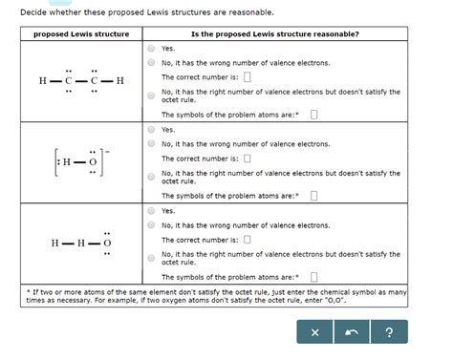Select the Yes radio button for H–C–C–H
151,48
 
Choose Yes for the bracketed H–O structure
151,129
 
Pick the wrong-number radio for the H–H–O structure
151,225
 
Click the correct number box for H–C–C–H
247,77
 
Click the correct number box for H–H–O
247,240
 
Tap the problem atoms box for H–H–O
314,276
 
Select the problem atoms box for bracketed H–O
314,195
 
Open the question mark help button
389,331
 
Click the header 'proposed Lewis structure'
81,33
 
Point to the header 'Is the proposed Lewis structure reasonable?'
275,33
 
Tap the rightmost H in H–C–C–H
120,80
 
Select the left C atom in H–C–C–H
69,80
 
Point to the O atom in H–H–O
107,243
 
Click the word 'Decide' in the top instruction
34,12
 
